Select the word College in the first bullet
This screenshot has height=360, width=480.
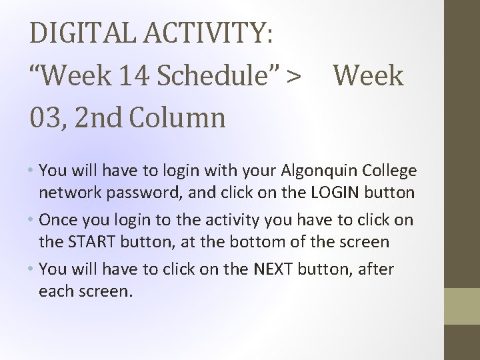pyautogui.click(x=391, y=171)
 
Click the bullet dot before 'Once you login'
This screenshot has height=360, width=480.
pyautogui.click(x=32, y=220)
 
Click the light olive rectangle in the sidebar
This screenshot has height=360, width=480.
pyautogui.click(x=462, y=305)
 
